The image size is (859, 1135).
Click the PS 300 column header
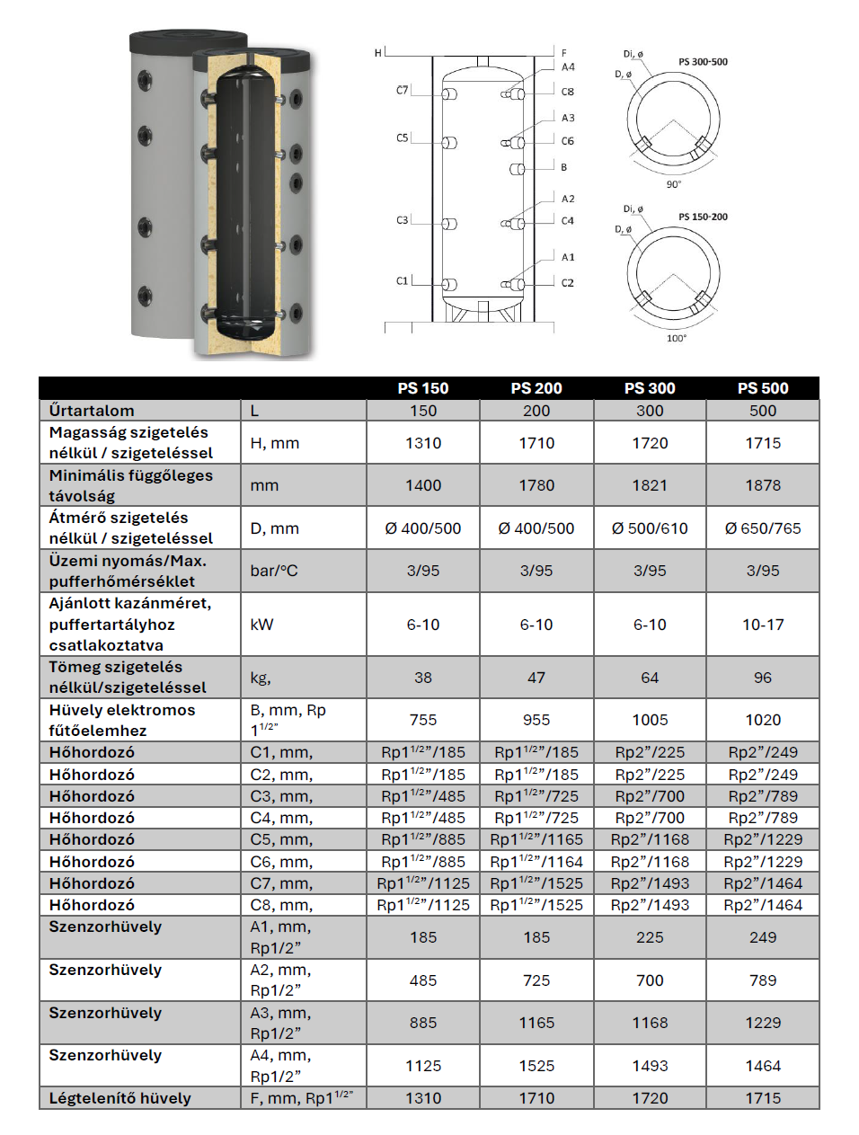click(x=650, y=388)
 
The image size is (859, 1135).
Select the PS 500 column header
click(x=763, y=388)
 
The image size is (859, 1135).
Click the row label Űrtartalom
click(x=92, y=411)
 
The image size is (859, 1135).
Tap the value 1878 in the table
click(x=763, y=485)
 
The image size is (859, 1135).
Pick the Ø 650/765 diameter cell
click(x=763, y=528)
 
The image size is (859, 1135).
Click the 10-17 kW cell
click(x=763, y=625)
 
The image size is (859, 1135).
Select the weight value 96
click(x=763, y=678)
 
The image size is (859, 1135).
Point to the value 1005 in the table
click(x=650, y=720)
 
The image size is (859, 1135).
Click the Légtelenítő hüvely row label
click(x=120, y=1098)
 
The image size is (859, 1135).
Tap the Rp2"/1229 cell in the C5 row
click(x=763, y=839)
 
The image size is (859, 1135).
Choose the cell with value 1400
click(x=423, y=485)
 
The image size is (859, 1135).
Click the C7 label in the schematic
click(x=402, y=90)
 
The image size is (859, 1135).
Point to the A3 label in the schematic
click(x=568, y=118)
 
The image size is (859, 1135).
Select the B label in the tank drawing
click(x=564, y=167)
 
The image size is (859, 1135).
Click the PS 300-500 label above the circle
click(x=703, y=62)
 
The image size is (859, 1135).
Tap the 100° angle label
click(x=677, y=338)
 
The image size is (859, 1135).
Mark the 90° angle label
click(x=674, y=184)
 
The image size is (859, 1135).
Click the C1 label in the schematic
click(x=402, y=281)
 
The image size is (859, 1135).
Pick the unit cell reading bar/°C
click(x=274, y=571)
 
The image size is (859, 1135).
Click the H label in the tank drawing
click(x=378, y=53)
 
